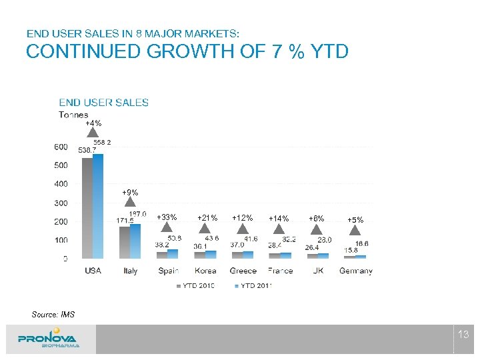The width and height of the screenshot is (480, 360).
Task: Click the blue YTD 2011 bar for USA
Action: [x=98, y=206]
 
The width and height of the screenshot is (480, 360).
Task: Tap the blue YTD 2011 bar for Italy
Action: [x=135, y=241]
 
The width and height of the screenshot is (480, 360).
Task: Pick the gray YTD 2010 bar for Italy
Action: [x=125, y=243]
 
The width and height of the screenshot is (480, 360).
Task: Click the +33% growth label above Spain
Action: [x=167, y=217]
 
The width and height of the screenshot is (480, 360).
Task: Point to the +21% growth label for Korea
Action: [x=207, y=218]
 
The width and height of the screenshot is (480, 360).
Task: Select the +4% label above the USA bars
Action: [x=93, y=123]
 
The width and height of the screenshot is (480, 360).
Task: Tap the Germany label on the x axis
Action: [x=355, y=271]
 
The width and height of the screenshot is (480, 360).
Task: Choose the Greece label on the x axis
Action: [x=243, y=271]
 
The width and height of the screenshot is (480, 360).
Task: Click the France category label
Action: [x=280, y=271]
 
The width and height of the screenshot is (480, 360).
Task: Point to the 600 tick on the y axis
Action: [x=61, y=147]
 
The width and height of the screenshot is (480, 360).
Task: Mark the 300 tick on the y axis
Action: [x=61, y=203]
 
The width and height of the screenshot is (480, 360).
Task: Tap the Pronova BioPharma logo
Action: [x=49, y=339]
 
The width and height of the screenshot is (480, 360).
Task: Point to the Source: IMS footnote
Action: [x=53, y=314]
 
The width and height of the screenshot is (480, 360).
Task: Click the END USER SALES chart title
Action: [x=104, y=102]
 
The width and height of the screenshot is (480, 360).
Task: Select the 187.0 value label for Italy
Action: [x=137, y=214]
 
